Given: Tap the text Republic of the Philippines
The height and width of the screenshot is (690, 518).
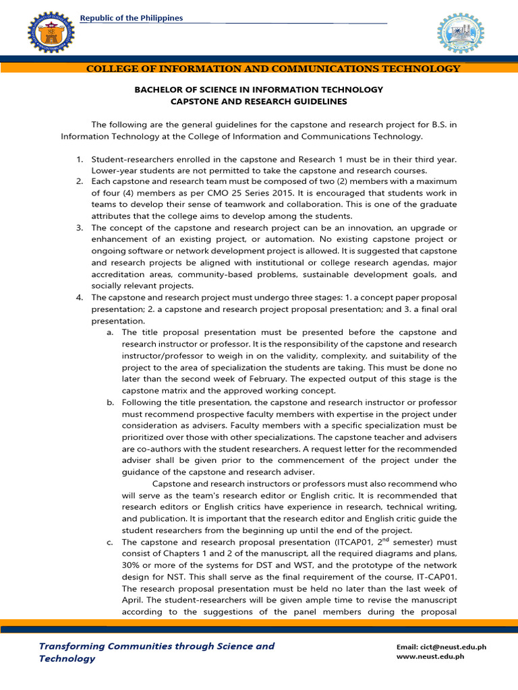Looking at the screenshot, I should [x=132, y=18].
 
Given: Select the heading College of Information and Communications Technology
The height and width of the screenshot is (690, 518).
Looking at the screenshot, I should [x=273, y=69].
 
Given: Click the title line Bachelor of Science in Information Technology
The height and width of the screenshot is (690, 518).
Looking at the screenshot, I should [x=258, y=90].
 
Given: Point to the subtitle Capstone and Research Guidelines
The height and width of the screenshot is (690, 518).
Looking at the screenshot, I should [x=258, y=102].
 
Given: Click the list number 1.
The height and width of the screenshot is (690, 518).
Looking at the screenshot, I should [x=79, y=159].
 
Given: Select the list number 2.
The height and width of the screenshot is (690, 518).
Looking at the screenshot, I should [x=79, y=182].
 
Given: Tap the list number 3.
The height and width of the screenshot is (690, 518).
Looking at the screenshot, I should [x=79, y=228].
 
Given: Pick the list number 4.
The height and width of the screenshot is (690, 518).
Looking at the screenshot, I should [x=79, y=297].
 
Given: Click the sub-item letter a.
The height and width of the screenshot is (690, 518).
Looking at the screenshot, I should [x=109, y=332].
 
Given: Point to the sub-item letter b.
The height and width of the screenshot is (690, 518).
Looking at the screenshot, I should [x=109, y=402].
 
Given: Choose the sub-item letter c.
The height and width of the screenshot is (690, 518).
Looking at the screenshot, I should [x=109, y=542].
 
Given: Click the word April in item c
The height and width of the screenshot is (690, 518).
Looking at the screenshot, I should [x=134, y=600].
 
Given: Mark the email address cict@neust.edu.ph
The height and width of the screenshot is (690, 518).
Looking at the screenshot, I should [x=452, y=647].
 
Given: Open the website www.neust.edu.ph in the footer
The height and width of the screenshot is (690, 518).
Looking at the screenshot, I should [x=441, y=658].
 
